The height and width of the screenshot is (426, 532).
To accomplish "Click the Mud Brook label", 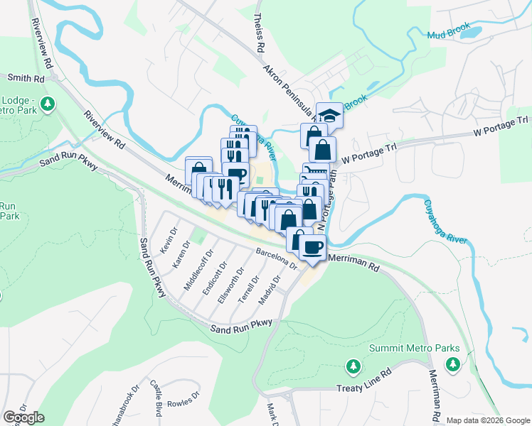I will click(x=449, y=33).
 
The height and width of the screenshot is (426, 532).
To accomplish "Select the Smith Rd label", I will click(x=22, y=77).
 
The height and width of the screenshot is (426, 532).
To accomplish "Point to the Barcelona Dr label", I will click(x=276, y=261).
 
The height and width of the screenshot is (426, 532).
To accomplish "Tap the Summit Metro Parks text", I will click(x=415, y=349).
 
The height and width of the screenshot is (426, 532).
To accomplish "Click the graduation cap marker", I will click(x=329, y=114).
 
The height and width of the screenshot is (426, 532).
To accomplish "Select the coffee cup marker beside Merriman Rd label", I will click(x=313, y=248).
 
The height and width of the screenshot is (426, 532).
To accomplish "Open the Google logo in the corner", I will click(x=23, y=417).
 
